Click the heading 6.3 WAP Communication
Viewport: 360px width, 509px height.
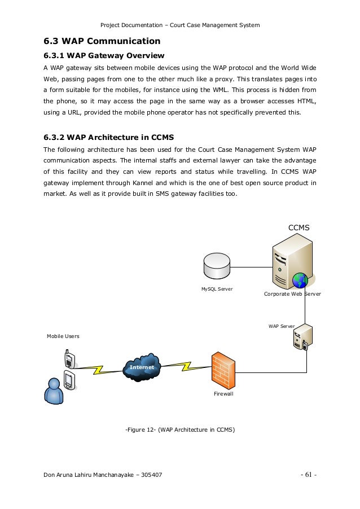pos(102,41)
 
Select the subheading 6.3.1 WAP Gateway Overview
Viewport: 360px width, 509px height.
pos(104,55)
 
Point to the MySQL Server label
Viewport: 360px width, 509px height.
pos(217,289)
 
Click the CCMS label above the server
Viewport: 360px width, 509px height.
pos(300,227)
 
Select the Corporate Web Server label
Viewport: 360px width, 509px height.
pos(292,294)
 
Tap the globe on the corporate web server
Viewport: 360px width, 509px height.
pos(300,279)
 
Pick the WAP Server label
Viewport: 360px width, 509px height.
pos(282,326)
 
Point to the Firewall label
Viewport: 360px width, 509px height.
pos(223,394)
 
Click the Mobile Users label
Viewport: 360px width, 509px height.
pos(63,336)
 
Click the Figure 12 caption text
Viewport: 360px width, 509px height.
pos(179,430)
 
